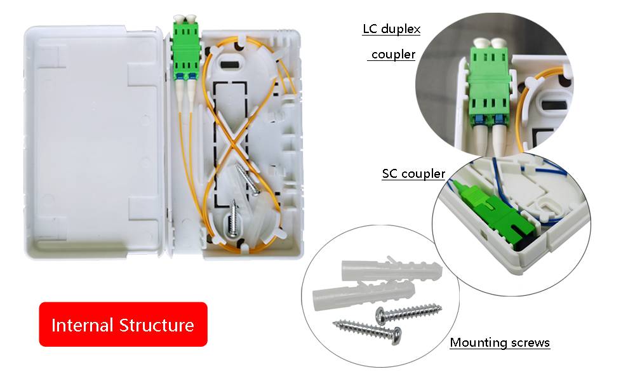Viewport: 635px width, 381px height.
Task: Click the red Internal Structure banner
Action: (x=123, y=324)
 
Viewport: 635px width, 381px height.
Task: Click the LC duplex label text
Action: (x=391, y=29)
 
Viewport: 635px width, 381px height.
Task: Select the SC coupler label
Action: (x=413, y=173)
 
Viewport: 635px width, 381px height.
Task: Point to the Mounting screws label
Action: (x=500, y=343)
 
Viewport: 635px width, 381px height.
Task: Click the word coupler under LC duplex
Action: (x=393, y=55)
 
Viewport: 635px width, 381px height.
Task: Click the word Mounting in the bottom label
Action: (x=473, y=343)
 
